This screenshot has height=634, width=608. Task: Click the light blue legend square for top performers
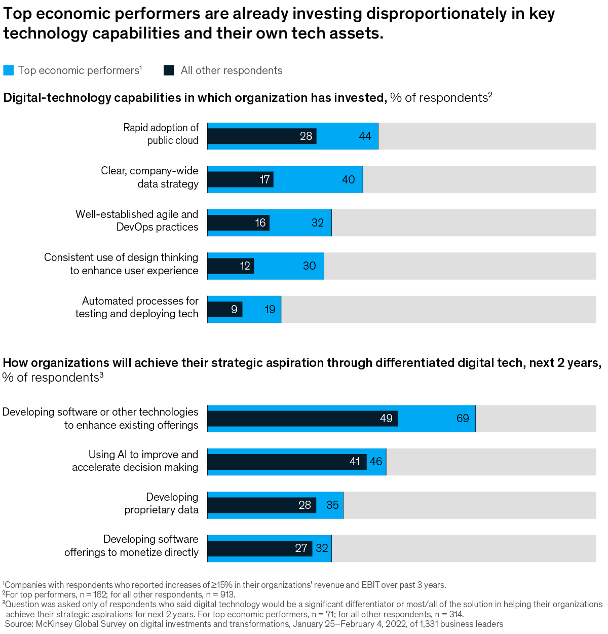coord(9,70)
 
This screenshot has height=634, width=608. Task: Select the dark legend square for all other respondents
coord(169,70)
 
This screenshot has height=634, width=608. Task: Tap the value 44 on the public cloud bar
coord(365,136)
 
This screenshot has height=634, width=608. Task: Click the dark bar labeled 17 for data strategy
coord(241,179)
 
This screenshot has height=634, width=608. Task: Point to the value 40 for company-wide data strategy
coord(348,179)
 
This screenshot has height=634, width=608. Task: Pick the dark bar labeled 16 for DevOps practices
coord(238,222)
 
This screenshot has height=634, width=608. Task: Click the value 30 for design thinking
coord(309,266)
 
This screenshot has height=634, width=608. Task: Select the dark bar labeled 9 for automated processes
coord(225,309)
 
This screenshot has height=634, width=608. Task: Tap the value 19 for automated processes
coord(270,309)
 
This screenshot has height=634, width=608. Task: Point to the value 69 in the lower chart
coord(463,418)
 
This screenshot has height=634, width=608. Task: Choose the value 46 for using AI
coord(376,462)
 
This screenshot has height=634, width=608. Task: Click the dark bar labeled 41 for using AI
coord(287,462)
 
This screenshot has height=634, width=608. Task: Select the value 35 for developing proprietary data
coord(332,505)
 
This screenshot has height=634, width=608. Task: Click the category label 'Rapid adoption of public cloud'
coord(161,134)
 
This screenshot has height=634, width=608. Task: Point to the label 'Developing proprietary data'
coord(162,503)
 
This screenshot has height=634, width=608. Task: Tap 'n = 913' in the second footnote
coord(219,594)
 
